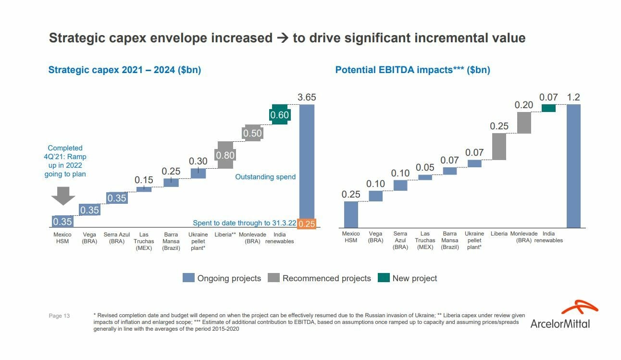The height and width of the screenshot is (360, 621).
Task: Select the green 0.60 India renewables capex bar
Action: click(279, 114)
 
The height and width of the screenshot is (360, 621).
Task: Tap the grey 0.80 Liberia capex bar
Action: click(225, 155)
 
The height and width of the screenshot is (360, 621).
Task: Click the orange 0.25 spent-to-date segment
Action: click(307, 223)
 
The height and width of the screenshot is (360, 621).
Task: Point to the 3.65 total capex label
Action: click(307, 97)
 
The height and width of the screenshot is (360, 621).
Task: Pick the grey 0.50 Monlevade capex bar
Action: click(252, 133)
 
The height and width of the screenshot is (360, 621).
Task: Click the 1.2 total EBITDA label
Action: click(573, 97)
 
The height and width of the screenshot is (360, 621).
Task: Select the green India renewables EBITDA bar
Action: click(548, 108)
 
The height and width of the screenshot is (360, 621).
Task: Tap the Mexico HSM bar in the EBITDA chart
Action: click(351, 214)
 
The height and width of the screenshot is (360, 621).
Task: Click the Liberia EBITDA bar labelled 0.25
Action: click(499, 147)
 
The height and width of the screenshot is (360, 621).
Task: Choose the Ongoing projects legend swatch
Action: click(188, 278)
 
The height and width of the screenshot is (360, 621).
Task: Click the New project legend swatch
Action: click(384, 278)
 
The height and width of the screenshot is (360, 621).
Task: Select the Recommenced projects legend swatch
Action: click(273, 278)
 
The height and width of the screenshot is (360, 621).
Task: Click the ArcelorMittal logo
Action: click(560, 315)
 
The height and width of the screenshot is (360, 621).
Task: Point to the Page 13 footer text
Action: click(59, 316)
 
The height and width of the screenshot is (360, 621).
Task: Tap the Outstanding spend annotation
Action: click(265, 177)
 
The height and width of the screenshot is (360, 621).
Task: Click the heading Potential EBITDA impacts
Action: click(412, 70)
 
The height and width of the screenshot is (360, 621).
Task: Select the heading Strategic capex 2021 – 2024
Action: click(124, 70)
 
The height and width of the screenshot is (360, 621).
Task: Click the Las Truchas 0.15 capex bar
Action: click(144, 189)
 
